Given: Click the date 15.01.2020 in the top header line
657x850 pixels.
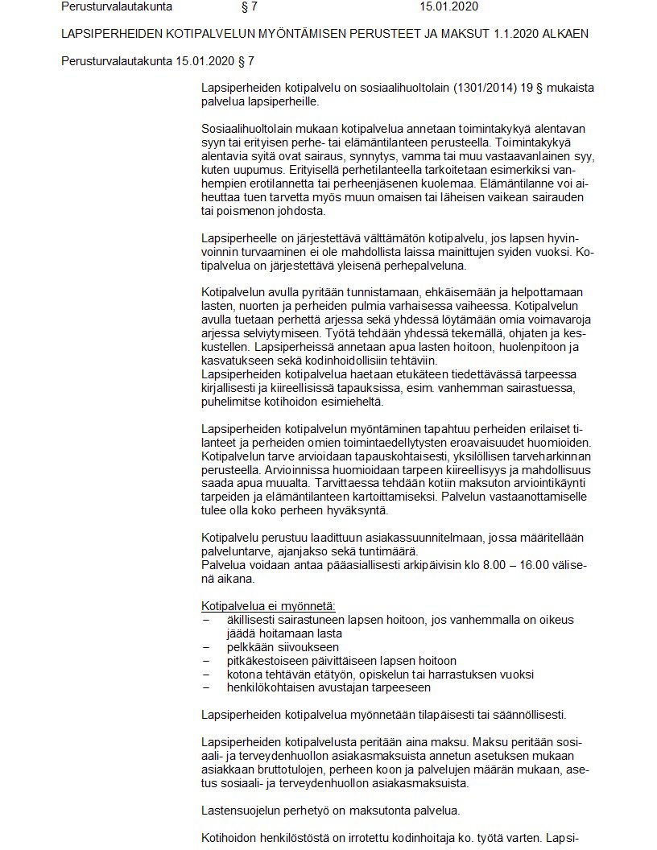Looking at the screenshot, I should point(448,7).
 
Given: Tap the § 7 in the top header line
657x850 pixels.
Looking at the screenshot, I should point(249,7).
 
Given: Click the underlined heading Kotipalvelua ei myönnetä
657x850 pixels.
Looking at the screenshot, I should point(268,605).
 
